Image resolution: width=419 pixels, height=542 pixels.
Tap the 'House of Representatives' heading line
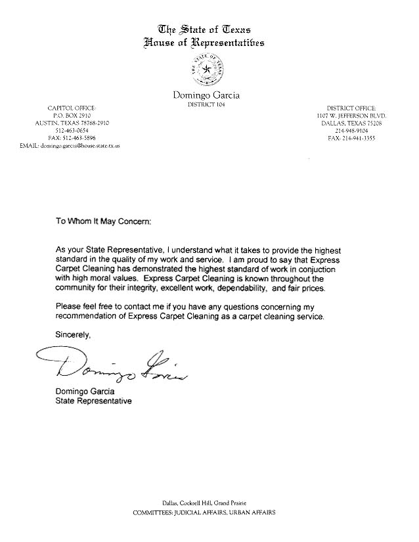coord(205,43)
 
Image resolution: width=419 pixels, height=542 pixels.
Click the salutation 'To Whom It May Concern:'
coord(103,222)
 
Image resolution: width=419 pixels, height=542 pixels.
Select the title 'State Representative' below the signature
coord(93,401)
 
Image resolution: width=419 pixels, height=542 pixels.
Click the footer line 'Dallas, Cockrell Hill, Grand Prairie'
coord(209,503)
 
